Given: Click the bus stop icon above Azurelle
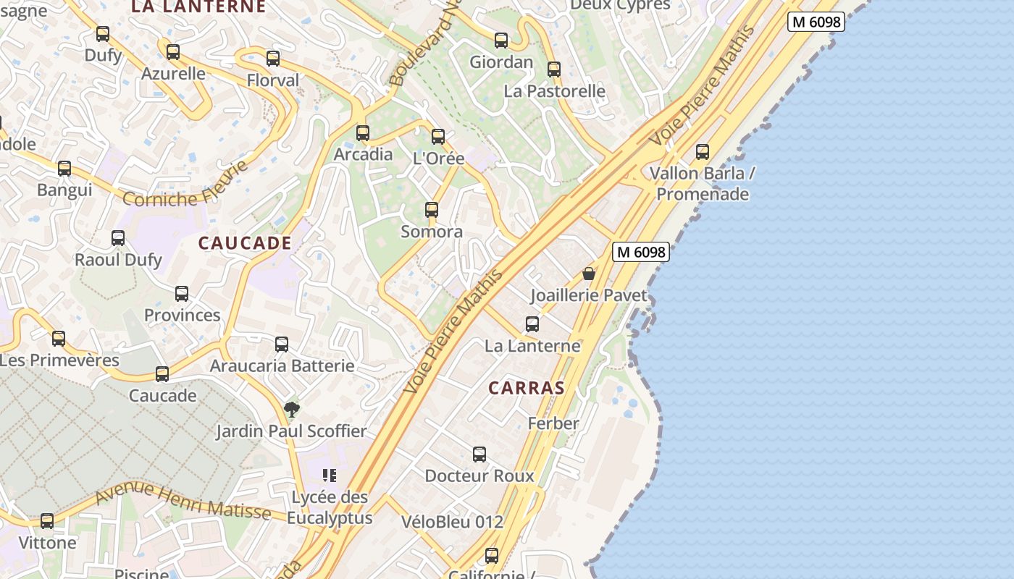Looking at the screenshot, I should tap(172, 52).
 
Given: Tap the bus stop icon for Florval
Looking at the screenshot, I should tap(273, 59).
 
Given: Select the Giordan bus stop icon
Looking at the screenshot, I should tap(501, 41).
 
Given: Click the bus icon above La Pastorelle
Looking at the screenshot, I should tap(554, 69).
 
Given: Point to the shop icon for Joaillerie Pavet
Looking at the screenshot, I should tap(589, 274).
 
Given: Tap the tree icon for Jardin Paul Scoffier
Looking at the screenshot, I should tap(291, 410).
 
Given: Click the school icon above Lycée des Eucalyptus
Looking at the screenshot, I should tap(330, 476).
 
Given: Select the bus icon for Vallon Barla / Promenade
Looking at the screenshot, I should tap(703, 152).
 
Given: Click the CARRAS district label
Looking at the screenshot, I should tap(527, 388).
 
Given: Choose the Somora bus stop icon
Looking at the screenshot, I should tap(432, 210).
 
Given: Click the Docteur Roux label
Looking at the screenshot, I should tap(479, 476).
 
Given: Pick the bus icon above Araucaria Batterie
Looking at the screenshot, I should tap(282, 345).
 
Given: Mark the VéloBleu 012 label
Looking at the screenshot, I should tap(452, 521).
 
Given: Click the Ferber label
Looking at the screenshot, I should tap(553, 423).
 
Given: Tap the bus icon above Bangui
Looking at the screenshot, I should tap(64, 169).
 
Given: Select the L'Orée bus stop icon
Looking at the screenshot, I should tap(438, 137).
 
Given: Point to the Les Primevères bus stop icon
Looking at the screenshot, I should tap(59, 339).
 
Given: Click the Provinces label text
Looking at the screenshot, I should tap(183, 316).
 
